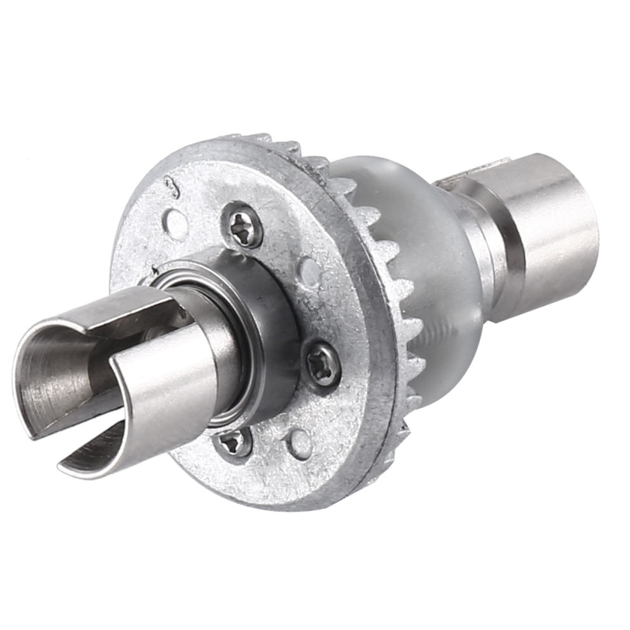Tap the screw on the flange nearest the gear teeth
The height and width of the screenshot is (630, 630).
coord(323,365)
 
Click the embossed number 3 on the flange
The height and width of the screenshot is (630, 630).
coord(170,186)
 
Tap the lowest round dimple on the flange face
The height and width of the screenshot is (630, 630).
coord(300,444)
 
